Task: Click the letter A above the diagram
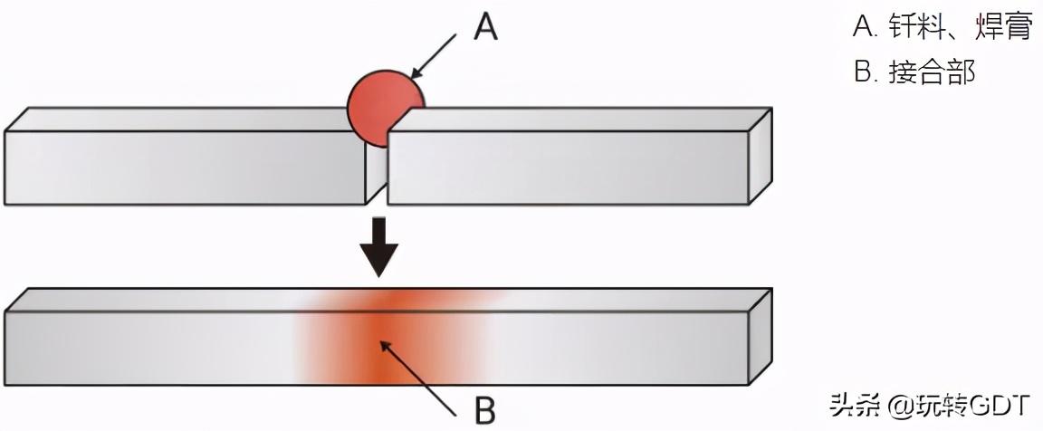[x=485, y=28]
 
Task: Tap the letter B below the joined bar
[x=485, y=410]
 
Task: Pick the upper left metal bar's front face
[x=181, y=168]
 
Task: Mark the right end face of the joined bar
[x=761, y=334]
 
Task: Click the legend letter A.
[x=862, y=28]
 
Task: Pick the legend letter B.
[x=862, y=72]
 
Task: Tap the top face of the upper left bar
[x=181, y=120]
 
